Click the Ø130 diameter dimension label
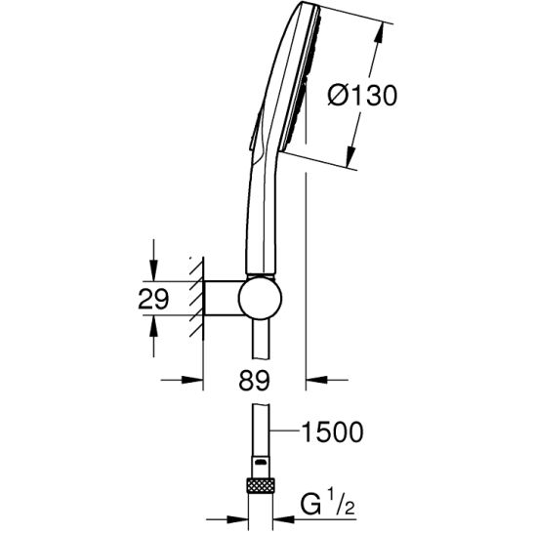click(x=362, y=96)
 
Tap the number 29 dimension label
click(x=153, y=299)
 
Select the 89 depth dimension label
click(x=254, y=381)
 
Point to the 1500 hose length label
click(x=333, y=432)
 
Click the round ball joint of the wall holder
click(x=260, y=297)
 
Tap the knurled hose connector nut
click(x=260, y=486)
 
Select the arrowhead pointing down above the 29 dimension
click(x=153, y=270)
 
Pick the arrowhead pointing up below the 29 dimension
click(x=153, y=326)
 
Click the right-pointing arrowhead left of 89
click(x=192, y=380)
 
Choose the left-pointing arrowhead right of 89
click(x=316, y=380)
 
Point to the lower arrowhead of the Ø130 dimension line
click(x=350, y=157)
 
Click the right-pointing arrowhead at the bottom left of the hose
click(x=237, y=519)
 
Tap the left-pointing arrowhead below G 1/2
click(x=283, y=519)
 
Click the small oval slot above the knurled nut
click(x=260, y=463)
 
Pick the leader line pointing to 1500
click(x=285, y=432)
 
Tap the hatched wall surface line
click(x=203, y=299)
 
